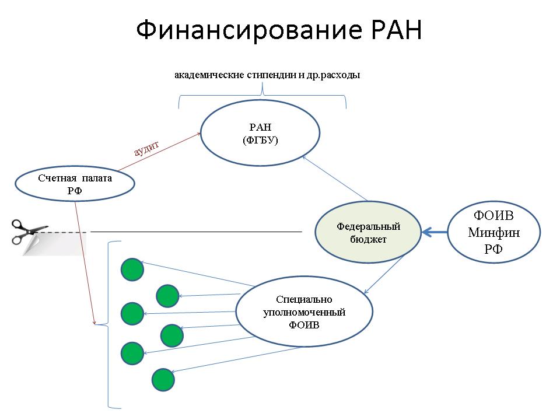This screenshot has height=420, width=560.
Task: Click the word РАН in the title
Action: click(x=397, y=29)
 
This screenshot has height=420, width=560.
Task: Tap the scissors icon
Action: click(x=29, y=232)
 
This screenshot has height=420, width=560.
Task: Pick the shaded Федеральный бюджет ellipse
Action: click(x=368, y=232)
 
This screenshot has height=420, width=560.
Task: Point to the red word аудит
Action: click(x=146, y=149)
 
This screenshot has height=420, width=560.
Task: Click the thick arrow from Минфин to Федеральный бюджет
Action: click(x=435, y=232)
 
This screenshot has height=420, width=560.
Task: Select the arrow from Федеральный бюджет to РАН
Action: click(x=335, y=178)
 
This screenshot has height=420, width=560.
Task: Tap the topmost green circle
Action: click(x=132, y=269)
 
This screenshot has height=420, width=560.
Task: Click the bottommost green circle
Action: click(x=163, y=380)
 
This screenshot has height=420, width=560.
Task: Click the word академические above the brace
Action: click(x=209, y=75)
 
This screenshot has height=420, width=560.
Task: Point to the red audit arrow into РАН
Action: click(x=160, y=152)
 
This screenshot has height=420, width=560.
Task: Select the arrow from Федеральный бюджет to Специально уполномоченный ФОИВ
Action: click(x=384, y=274)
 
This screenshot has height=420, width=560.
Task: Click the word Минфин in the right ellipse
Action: click(x=494, y=233)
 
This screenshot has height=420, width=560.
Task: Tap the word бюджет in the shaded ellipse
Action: click(x=368, y=239)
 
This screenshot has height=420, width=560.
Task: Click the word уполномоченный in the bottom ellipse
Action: click(x=304, y=312)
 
